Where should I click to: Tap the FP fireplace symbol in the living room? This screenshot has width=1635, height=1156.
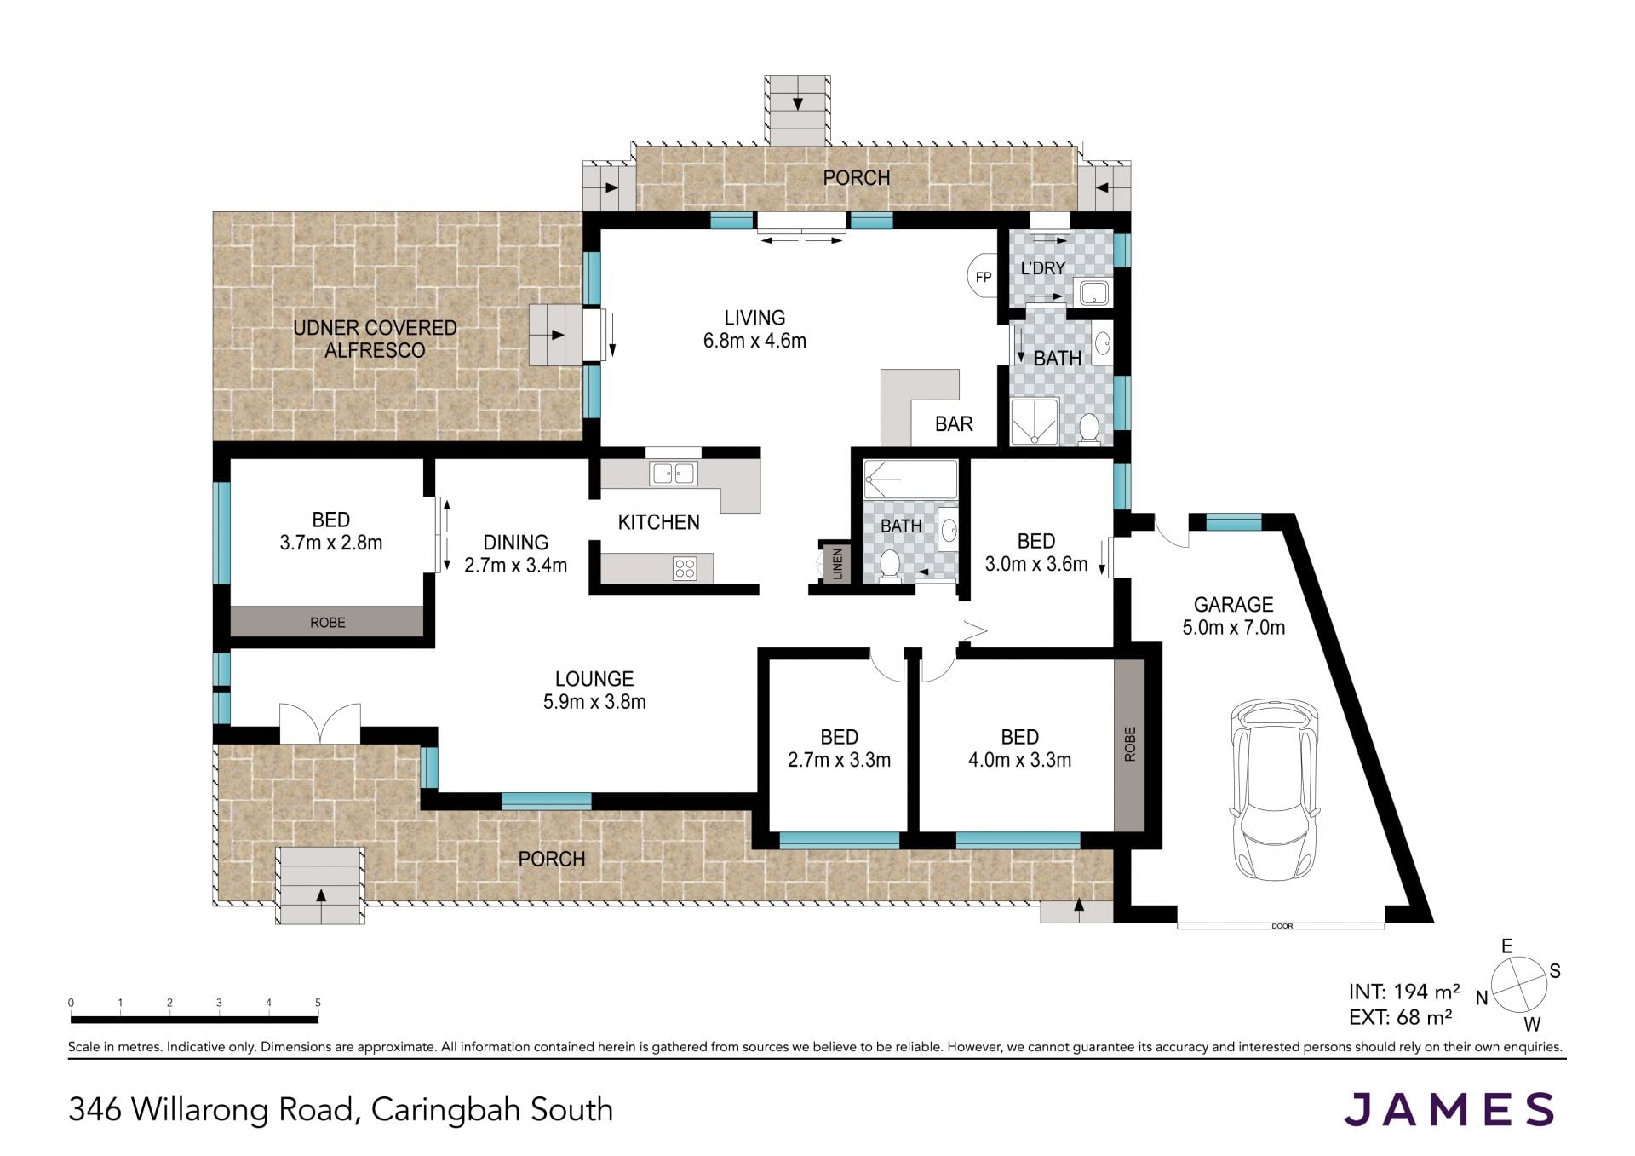(x=982, y=277)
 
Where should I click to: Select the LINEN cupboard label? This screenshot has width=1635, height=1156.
(x=837, y=563)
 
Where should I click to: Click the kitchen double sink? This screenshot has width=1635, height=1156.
(x=673, y=473)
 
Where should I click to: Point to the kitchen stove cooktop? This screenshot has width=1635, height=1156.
(x=685, y=568)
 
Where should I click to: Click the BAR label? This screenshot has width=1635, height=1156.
(x=954, y=424)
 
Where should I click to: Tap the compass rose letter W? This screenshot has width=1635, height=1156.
(x=1532, y=1024)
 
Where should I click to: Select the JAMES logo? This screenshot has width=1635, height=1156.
(x=1449, y=1109)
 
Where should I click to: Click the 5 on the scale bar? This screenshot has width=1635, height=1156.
(x=318, y=1003)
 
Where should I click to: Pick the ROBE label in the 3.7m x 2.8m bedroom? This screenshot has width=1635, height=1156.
(x=328, y=623)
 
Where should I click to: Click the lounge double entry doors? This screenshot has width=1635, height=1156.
(x=320, y=723)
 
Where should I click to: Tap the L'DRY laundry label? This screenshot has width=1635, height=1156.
(x=1043, y=268)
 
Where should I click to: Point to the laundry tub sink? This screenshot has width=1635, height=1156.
(x=1092, y=292)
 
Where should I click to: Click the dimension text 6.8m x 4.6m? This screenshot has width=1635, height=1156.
(x=754, y=341)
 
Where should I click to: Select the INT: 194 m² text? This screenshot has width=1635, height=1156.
(x=1404, y=992)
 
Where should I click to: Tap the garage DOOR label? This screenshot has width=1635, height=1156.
(x=1282, y=926)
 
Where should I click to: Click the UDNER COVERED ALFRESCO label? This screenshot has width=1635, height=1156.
(x=375, y=339)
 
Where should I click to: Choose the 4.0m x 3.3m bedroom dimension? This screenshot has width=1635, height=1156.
(x=1019, y=760)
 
